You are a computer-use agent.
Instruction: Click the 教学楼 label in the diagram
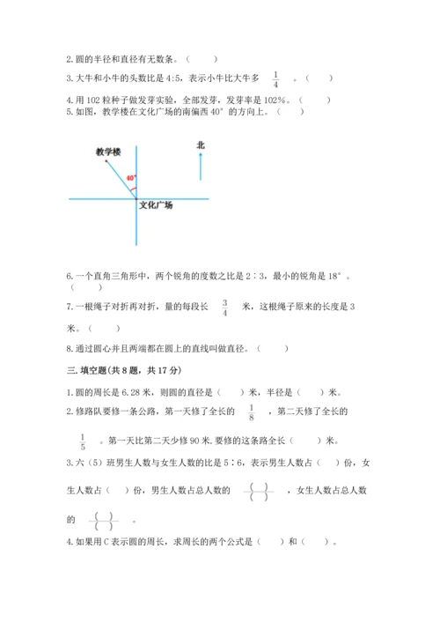108,152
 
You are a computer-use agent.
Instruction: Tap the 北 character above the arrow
201,145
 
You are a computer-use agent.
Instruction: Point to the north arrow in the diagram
201,166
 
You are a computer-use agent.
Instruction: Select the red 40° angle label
130,179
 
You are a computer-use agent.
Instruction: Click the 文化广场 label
156,205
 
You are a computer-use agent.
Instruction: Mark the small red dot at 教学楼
106,161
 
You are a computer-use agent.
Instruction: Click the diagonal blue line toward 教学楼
121,179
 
